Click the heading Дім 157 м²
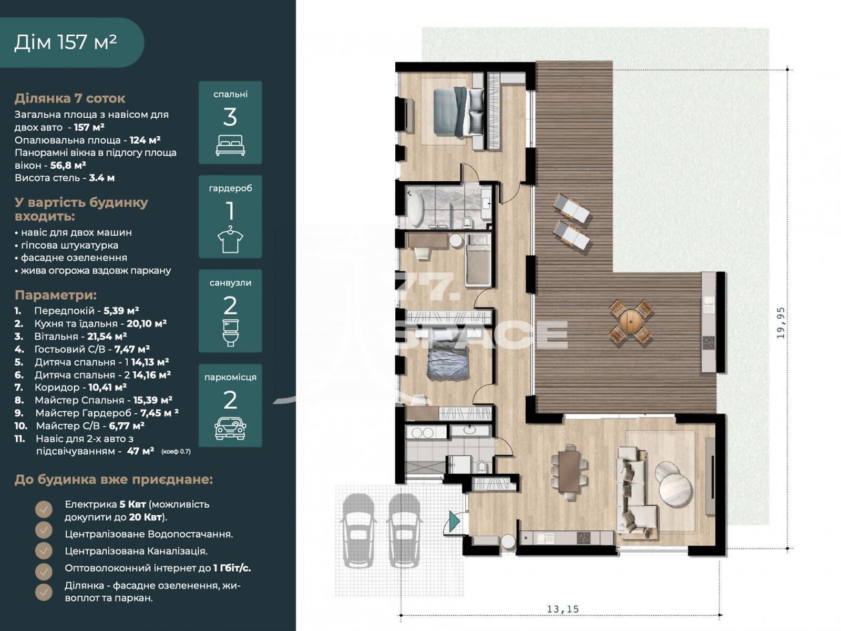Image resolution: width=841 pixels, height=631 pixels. pos(66,42)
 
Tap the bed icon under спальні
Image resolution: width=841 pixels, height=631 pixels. pos(230,145)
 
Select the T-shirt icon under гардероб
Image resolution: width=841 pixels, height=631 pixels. pos(230,239)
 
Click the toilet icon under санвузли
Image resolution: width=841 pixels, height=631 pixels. pos(230,333)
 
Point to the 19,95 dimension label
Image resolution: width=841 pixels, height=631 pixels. pos(781,322)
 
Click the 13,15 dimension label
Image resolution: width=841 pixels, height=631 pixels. pos(562,609)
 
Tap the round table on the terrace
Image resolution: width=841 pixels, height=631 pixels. pos(630,321)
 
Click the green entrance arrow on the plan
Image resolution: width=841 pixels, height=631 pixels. pos(454,522)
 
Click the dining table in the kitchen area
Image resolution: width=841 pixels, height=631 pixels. pos(569,471)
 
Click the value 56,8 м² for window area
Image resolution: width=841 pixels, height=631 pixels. pos(68,165)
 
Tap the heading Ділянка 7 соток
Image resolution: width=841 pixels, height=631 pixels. pos(70,98)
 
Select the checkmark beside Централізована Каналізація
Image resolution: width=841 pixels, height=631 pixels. pos(44,551)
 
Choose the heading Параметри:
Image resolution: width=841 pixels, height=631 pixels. pos(56,295)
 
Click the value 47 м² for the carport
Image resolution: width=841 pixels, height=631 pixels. pos(140,451)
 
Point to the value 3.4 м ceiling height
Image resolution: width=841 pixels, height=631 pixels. pos(102,178)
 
